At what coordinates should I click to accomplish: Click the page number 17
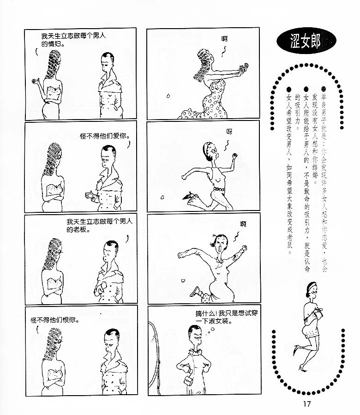(x=307, y=403)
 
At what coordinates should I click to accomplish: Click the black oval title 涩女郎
(x=306, y=41)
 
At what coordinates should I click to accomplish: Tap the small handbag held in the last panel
(x=189, y=374)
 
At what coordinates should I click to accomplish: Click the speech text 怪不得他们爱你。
(x=105, y=136)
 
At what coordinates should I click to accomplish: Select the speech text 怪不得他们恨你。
(x=55, y=320)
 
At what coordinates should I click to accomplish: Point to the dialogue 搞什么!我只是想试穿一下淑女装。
(x=226, y=317)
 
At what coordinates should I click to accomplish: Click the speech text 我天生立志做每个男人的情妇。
(x=73, y=40)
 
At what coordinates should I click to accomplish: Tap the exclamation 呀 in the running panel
(x=229, y=131)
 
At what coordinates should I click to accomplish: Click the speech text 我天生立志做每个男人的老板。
(x=99, y=225)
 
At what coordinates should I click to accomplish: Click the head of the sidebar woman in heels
(x=312, y=289)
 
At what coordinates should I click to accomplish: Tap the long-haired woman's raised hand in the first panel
(x=35, y=81)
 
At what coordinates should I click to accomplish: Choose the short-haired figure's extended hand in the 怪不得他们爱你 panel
(x=90, y=195)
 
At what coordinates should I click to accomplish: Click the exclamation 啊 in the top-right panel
(x=224, y=39)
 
